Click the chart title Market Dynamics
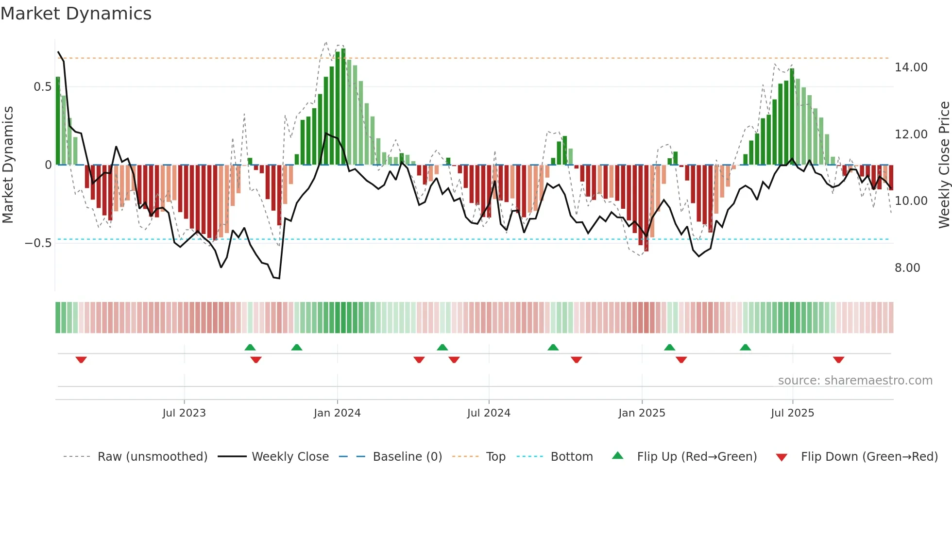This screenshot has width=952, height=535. [76, 14]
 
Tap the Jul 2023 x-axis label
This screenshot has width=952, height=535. [184, 413]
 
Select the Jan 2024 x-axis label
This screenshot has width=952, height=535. [337, 413]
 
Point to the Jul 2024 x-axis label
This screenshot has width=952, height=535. [489, 413]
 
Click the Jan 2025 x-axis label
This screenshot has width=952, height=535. [642, 413]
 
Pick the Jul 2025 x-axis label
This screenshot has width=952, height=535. [792, 413]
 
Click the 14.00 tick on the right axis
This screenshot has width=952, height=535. [911, 67]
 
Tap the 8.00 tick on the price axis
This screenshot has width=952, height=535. [907, 268]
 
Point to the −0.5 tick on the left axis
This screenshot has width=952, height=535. [38, 243]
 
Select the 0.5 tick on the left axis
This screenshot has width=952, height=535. [42, 87]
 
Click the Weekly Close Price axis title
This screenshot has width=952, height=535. [944, 165]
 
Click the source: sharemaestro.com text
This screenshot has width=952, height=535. [855, 381]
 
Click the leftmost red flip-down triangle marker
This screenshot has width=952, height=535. [81, 360]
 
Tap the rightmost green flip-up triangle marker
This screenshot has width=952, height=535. [745, 347]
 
